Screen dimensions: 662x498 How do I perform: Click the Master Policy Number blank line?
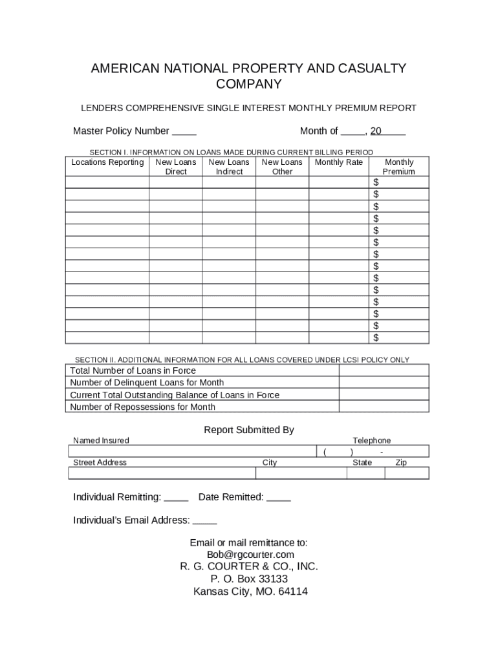click(184, 132)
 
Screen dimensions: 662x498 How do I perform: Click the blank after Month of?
click(352, 132)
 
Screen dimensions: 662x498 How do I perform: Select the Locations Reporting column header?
click(107, 162)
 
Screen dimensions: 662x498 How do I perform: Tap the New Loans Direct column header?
click(176, 167)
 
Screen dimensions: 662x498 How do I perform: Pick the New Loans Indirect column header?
click(229, 167)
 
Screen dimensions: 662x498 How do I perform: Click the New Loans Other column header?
click(282, 167)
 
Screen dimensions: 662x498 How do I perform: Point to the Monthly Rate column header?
click(339, 162)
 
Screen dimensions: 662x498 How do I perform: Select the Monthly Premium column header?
click(399, 167)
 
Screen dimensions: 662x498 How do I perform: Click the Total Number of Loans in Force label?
click(133, 371)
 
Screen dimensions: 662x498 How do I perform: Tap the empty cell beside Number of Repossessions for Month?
click(384, 407)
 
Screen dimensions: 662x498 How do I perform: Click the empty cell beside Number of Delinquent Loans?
click(384, 383)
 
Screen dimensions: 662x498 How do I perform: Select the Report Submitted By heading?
click(249, 430)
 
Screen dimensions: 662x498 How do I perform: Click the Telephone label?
click(371, 440)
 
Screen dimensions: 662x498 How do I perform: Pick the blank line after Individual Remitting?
click(176, 498)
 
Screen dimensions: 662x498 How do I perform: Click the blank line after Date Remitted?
click(278, 498)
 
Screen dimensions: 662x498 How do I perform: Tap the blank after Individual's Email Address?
click(205, 521)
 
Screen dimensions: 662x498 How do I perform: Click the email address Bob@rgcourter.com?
click(250, 555)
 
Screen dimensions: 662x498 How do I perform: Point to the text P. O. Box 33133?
click(250, 579)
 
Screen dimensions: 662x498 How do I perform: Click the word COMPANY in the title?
click(249, 84)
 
